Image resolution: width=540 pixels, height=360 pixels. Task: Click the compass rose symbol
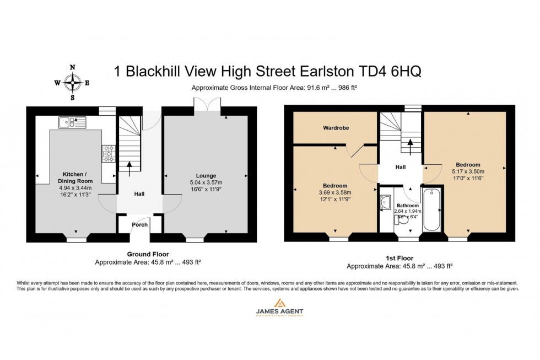click(x=72, y=83)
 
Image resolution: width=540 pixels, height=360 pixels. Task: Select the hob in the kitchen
click(x=108, y=153)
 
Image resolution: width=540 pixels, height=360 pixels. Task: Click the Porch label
click(x=139, y=225)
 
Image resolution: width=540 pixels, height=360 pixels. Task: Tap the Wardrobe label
click(x=336, y=128)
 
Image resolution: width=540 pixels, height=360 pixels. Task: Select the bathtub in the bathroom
click(x=431, y=208)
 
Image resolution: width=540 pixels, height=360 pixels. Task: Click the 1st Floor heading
click(x=399, y=258)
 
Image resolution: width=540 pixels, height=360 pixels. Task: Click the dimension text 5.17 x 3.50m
click(x=468, y=171)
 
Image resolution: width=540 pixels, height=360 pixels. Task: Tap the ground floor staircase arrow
click(x=130, y=168)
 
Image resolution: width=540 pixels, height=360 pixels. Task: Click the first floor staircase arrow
click(x=410, y=146)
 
